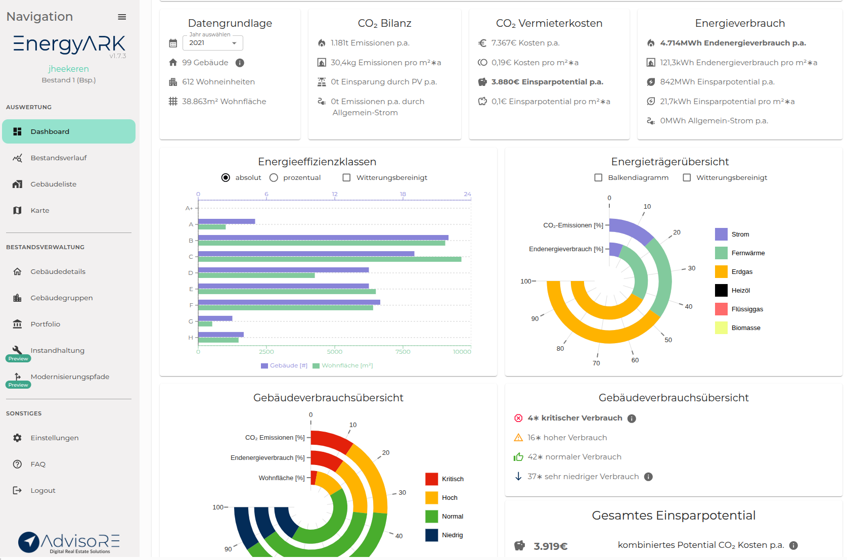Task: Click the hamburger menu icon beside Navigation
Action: coord(122,17)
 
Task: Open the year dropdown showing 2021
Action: coord(212,43)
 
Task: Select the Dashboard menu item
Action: coord(69,131)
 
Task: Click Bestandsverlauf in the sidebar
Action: coord(58,158)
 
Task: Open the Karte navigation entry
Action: coord(39,210)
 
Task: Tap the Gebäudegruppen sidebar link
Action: coord(61,298)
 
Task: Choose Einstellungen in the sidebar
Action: coord(54,438)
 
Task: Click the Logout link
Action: coord(42,490)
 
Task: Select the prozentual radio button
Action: coord(274,177)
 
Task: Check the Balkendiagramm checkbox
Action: coord(599,177)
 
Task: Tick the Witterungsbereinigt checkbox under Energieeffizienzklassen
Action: coord(347,177)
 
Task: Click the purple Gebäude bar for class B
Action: coord(323,237)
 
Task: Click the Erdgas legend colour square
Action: coord(721,271)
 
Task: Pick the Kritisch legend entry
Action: coord(452,479)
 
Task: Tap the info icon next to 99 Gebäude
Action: coord(240,63)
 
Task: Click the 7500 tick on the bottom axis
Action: coord(403,352)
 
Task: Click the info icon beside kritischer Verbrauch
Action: coord(632,418)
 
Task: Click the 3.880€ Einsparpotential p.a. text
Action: coord(547,82)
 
